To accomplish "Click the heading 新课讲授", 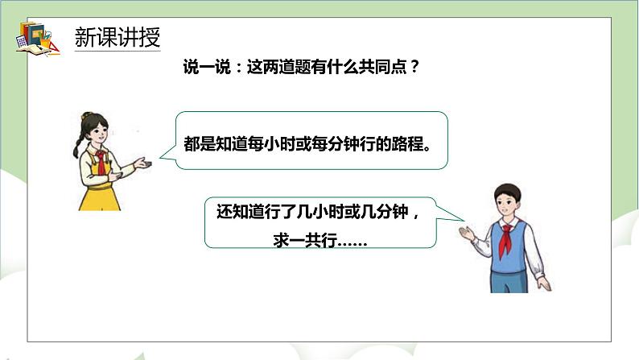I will click(x=117, y=37).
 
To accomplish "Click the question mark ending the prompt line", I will click(x=414, y=68).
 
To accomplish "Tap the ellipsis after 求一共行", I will click(x=349, y=240).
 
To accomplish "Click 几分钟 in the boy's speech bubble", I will click(x=389, y=213).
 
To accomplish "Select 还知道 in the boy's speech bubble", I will click(x=240, y=213).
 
